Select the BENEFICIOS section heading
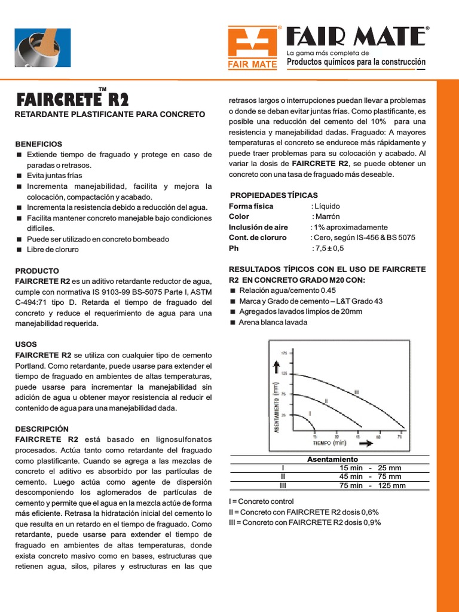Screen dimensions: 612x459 coord(38,144)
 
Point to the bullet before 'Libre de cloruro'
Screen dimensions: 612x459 coord(19,250)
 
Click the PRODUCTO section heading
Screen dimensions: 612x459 coord(37,271)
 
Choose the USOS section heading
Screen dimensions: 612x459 coord(26,344)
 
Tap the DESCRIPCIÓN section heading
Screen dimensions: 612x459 coord(42,429)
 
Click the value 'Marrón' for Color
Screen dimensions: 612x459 coord(326,216)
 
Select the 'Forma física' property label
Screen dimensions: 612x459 coord(251,206)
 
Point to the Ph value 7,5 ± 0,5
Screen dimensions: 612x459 coord(328,248)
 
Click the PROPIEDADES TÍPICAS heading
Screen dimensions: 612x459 coord(274,195)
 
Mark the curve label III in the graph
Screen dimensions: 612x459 coord(356,392)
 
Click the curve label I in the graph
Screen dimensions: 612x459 coord(309,414)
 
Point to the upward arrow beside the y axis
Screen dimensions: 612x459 coord(277,366)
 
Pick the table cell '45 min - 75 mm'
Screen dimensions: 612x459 coord(370,476)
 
